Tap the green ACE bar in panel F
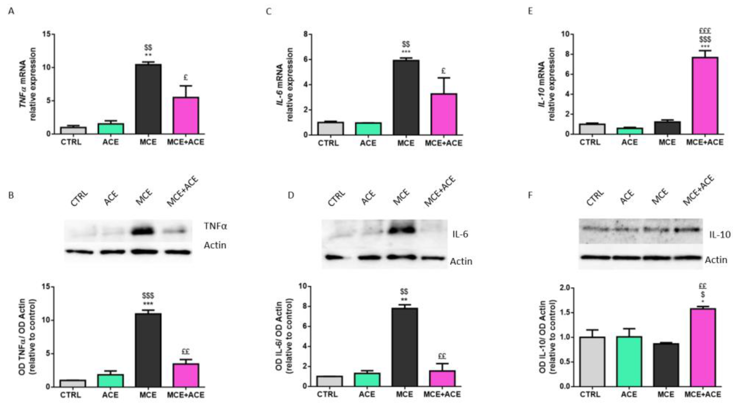629,362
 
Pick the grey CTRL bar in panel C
331,128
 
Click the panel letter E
530,11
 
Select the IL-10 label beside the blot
720,235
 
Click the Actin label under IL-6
461,261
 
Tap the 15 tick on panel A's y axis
46,34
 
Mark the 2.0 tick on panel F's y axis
564,288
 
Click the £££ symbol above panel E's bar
705,31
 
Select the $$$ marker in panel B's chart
148,296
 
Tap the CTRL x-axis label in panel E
590,142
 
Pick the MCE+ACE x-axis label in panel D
442,394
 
